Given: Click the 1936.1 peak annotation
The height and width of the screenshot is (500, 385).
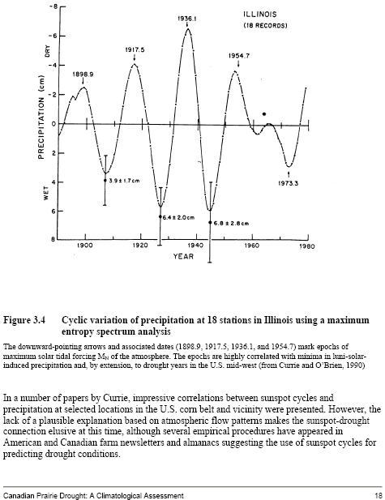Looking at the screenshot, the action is (187, 19).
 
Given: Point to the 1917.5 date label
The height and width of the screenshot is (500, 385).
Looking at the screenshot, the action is (135, 49).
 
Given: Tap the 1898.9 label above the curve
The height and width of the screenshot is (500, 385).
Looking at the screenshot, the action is (83, 75).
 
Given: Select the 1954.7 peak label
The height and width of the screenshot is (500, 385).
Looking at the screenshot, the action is (239, 56).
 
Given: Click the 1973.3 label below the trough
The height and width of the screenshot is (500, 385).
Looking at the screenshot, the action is (288, 183).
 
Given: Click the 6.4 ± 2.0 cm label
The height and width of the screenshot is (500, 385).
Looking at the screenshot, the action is (178, 217).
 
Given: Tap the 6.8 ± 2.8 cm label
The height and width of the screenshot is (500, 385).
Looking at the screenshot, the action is (231, 223).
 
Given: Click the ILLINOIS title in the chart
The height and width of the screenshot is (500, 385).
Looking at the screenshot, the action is (260, 15).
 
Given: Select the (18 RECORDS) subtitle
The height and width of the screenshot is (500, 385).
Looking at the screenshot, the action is (265, 26).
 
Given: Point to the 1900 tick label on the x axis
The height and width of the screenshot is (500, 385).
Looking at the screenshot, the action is (84, 246).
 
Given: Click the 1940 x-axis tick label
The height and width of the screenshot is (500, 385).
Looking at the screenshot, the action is (195, 246).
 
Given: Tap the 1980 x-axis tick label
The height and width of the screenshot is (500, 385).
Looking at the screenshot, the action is (307, 246).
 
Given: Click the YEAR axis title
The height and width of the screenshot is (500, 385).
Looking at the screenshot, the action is (183, 256).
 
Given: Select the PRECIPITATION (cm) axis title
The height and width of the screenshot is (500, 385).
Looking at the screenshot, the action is (41, 118).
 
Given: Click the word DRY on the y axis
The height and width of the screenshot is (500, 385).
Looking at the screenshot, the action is (48, 51).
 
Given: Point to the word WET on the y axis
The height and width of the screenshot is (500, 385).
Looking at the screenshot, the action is (46, 193).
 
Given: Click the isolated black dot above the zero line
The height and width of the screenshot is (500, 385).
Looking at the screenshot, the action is (263, 114).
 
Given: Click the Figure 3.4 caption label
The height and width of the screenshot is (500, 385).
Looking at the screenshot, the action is (24, 320).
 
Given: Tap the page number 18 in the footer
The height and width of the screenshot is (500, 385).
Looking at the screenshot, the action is (379, 495).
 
